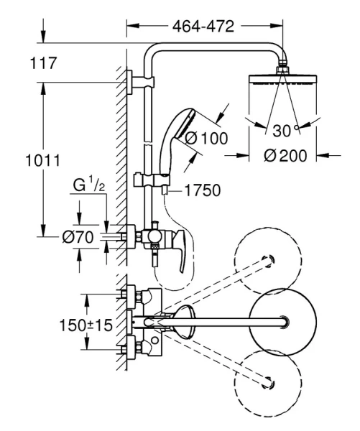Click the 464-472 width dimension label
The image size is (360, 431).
[x=203, y=27]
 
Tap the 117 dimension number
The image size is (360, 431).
[x=43, y=63]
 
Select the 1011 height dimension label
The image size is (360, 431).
[x=42, y=160]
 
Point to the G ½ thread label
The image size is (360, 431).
[x=89, y=185]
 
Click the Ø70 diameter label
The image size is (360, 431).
[x=78, y=236]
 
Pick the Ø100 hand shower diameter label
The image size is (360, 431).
[x=206, y=138]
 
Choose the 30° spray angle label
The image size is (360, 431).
[x=285, y=131]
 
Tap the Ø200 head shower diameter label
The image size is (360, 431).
[x=285, y=156]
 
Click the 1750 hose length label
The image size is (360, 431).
[x=203, y=190]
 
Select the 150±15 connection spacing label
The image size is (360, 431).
[x=86, y=325]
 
